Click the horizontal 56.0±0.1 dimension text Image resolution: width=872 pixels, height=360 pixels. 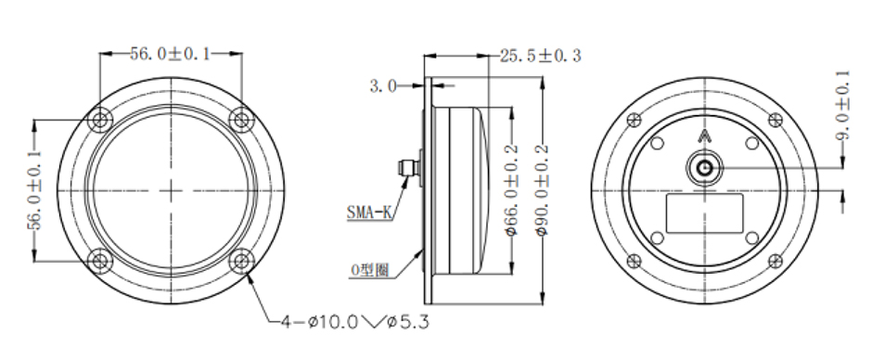pos(171,54)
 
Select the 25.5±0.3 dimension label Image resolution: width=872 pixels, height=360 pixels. pos(540,56)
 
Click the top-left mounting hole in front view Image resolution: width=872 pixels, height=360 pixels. pos(100,119)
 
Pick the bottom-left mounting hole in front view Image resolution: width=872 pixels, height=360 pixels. pos(100,261)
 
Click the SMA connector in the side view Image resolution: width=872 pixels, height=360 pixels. pos(406,168)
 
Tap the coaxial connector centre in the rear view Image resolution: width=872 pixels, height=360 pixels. pos(702,169)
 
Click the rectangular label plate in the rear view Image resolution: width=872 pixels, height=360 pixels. pos(702,213)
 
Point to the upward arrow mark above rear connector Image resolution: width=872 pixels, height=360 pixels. pos(702,137)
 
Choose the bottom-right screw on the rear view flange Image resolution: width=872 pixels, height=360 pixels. pos(771,261)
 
